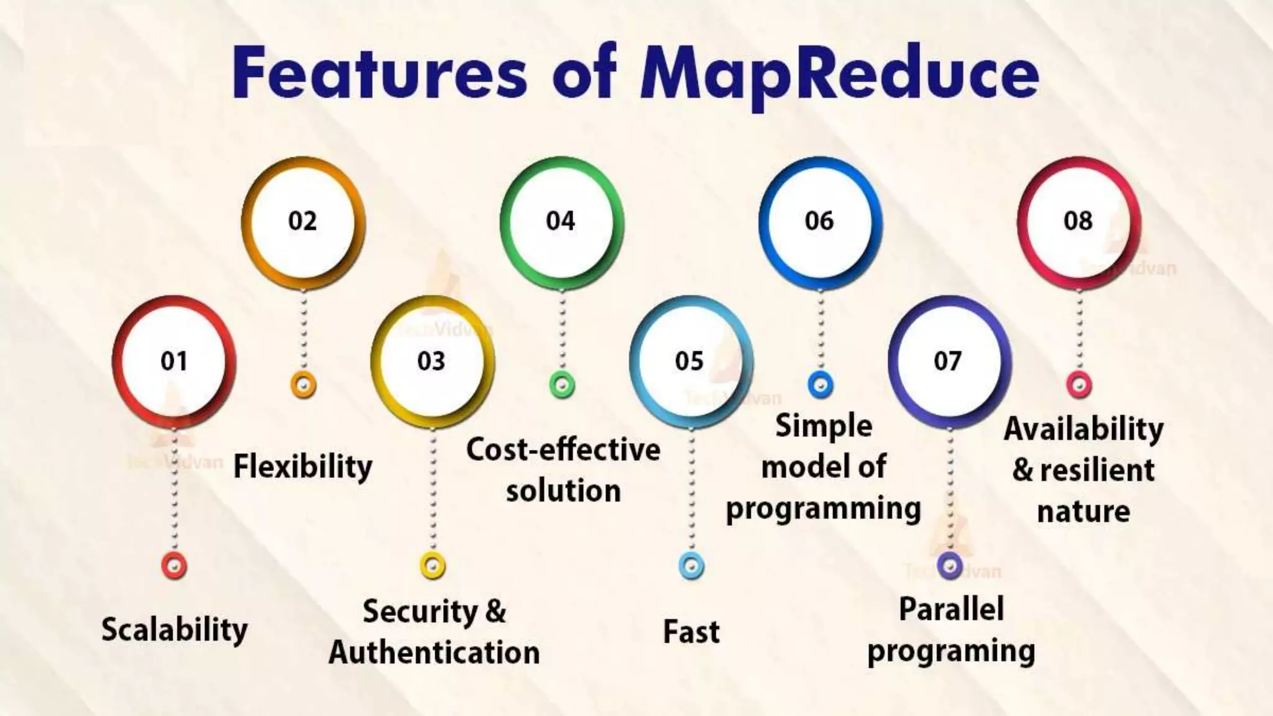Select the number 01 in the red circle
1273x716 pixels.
point(174,361)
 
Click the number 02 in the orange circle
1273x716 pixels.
point(303,221)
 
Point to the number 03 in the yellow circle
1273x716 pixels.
point(431,361)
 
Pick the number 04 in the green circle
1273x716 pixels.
point(561,221)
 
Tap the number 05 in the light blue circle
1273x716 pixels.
point(689,361)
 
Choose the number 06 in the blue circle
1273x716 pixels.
point(819,221)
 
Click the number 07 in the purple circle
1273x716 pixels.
point(948,361)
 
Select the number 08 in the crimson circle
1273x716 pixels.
point(1078,221)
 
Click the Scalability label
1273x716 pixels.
point(175,630)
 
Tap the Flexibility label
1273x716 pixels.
point(303,466)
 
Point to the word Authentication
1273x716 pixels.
point(434,653)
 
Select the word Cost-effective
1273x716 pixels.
point(563,449)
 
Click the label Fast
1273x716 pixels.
point(691,632)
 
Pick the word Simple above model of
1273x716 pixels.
point(824,426)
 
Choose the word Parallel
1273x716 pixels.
point(952,609)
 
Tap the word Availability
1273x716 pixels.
point(1083,429)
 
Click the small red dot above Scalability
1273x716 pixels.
point(174,566)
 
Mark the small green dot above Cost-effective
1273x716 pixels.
point(562,385)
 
